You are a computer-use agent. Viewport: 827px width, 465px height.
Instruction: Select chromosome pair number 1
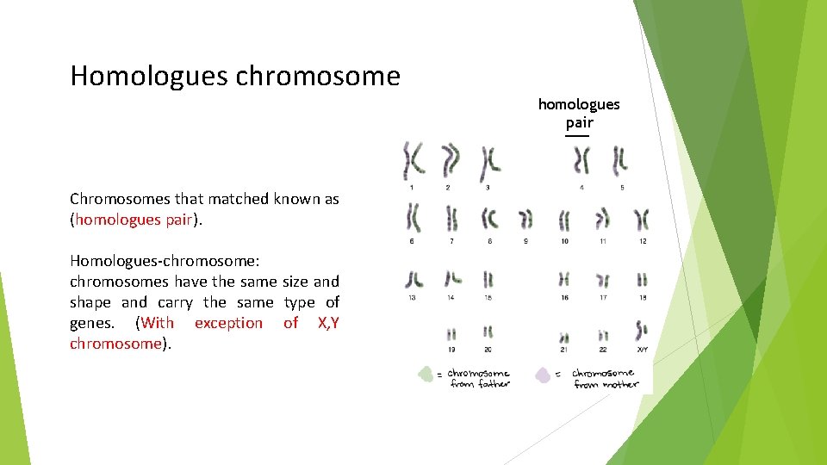[413, 160]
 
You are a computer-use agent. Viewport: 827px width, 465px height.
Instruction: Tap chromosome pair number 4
[582, 160]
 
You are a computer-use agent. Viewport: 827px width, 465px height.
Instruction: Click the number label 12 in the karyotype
[642, 241]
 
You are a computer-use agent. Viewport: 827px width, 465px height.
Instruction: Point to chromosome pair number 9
[525, 220]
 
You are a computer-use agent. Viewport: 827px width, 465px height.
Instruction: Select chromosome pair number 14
[452, 278]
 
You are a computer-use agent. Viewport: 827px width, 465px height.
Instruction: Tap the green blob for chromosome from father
[425, 375]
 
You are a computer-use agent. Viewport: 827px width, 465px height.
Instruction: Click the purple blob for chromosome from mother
[544, 375]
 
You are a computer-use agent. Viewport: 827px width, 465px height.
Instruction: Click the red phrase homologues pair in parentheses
[133, 220]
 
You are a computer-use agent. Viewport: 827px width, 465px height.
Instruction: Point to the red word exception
[228, 323]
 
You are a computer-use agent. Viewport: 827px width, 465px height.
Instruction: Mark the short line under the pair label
[577, 136]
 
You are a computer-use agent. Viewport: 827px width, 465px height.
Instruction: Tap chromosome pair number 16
[564, 279]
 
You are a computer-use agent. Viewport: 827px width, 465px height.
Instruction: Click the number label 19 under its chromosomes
[451, 349]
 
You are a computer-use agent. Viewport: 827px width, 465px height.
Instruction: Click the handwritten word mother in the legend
[621, 385]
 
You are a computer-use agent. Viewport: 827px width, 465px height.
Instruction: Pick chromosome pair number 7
[451, 219]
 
